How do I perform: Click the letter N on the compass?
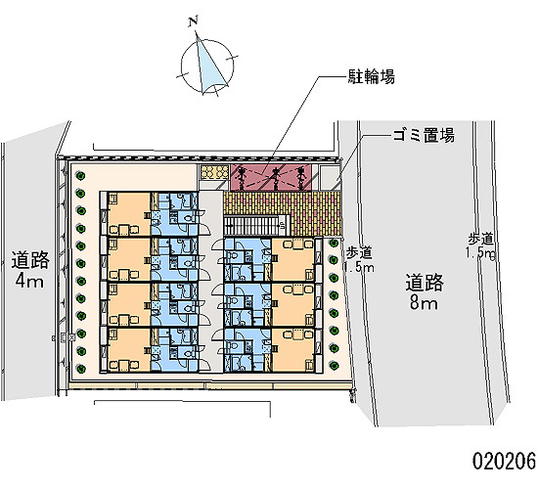193,22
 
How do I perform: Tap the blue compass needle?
208,66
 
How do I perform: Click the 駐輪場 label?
372,76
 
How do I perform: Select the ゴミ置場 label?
424,135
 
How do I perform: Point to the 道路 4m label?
30,269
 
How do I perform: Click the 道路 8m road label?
425,291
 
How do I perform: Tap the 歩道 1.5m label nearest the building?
359,260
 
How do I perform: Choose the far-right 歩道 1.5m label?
480,245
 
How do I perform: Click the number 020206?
504,461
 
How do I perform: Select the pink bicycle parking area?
271,177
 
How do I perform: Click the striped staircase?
254,226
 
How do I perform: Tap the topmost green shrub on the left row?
80,176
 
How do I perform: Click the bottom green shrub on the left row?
80,369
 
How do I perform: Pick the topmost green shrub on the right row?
334,243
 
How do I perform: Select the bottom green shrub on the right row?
334,366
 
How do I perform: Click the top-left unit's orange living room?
129,214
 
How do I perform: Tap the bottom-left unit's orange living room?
129,350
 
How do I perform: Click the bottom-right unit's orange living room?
293,350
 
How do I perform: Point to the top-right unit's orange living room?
293,260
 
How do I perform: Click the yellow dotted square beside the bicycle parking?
214,172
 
